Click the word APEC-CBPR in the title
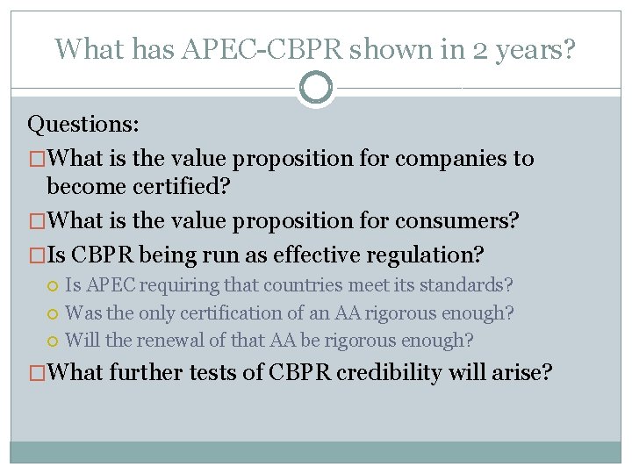[x=262, y=49]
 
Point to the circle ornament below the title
[x=316, y=88]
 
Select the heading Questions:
[x=83, y=124]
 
